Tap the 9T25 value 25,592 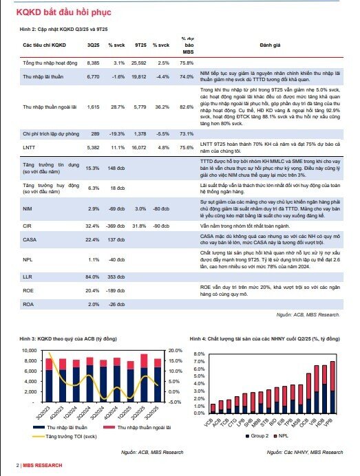[138, 63]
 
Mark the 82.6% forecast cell [187, 107]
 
